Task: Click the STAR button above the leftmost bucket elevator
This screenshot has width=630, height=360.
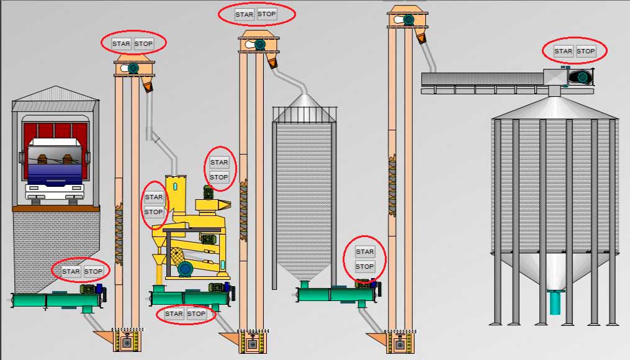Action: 121,43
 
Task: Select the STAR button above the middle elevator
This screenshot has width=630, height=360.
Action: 245,14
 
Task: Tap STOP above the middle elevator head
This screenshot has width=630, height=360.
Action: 267,14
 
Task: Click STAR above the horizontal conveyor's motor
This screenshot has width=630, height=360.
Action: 564,51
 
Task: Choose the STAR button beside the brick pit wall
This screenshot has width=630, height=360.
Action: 71,271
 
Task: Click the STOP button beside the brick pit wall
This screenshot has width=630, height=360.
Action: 94,271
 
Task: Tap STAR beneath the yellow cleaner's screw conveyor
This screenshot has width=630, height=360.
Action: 174,313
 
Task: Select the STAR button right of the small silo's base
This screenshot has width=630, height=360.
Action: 365,251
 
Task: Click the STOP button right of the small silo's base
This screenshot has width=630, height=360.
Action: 365,266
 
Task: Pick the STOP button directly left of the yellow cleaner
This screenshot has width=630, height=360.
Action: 154,212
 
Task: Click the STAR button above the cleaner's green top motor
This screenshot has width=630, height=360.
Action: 219,162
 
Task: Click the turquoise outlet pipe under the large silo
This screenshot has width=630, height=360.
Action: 556,302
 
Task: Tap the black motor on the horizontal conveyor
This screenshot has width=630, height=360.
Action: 582,76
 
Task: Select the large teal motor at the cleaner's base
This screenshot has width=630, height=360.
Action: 185,268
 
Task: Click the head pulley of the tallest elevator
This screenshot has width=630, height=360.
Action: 408,19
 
